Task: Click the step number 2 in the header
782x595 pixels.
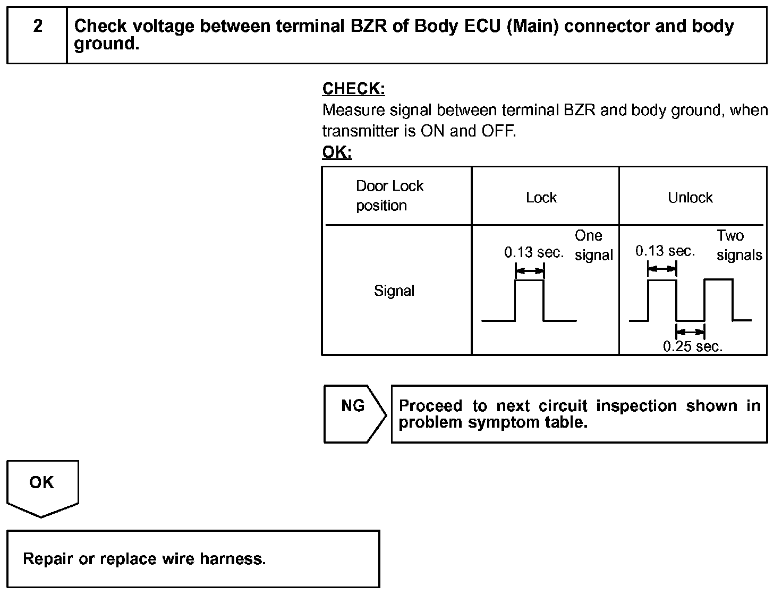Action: point(38,26)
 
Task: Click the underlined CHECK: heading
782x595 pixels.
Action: point(353,89)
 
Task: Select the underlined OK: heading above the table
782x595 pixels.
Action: point(337,152)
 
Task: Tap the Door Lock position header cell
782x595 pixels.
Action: point(389,195)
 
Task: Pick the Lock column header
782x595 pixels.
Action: point(541,198)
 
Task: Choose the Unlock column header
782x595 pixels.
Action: point(690,198)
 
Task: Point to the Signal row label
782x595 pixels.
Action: point(394,291)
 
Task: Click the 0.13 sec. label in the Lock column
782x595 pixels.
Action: point(534,252)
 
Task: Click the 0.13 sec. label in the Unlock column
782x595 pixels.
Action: point(665,251)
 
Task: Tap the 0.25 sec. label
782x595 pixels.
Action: point(693,347)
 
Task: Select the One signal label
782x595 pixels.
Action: point(593,245)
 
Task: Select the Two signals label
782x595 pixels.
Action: point(739,245)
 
